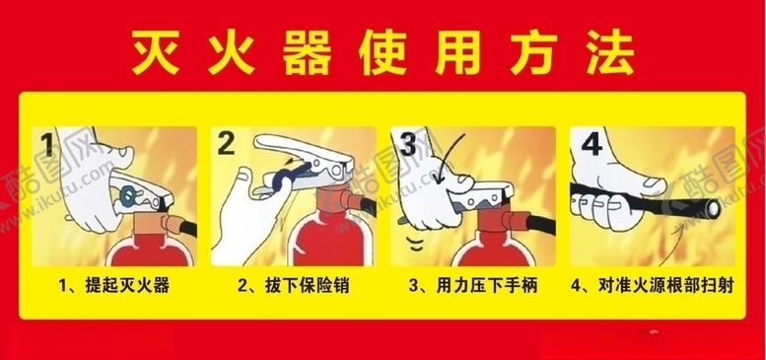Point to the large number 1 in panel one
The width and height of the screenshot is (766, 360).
pyautogui.click(x=48, y=148)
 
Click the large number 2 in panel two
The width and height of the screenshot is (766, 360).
pyautogui.click(x=226, y=146)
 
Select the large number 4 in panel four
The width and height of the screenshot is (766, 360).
pyautogui.click(x=591, y=145)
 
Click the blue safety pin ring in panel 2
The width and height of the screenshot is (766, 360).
pyautogui.click(x=280, y=178)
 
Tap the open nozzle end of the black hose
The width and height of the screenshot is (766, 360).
pyautogui.click(x=715, y=205)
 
